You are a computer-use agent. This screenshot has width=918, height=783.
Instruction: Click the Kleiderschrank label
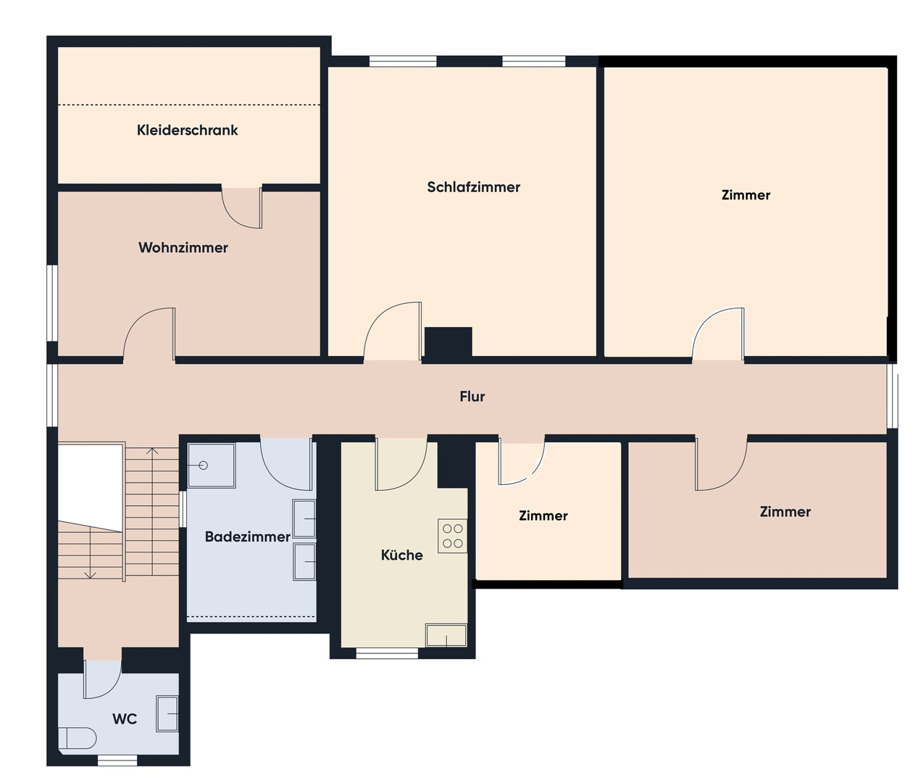[x=187, y=130]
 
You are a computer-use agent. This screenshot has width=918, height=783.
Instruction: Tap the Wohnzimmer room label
[x=183, y=247]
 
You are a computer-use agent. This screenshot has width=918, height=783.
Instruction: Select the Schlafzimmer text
[x=473, y=187]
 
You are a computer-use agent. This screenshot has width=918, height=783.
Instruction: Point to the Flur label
[x=472, y=396]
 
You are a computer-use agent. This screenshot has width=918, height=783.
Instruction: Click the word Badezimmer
[x=248, y=536]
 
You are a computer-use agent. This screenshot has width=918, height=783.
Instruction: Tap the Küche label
[x=402, y=555]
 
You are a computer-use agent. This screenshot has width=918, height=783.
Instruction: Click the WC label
[x=125, y=719]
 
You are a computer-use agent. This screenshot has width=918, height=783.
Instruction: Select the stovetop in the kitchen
[x=453, y=536]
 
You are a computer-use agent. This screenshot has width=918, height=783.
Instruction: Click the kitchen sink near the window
[x=446, y=635]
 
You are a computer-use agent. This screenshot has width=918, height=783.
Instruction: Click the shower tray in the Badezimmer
[x=211, y=465]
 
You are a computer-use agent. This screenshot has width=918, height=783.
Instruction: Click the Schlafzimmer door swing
[x=393, y=331]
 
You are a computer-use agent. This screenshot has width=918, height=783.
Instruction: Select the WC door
[x=103, y=679]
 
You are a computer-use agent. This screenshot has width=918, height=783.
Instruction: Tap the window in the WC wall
[x=117, y=761]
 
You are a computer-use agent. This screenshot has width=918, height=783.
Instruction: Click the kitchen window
[x=387, y=652]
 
